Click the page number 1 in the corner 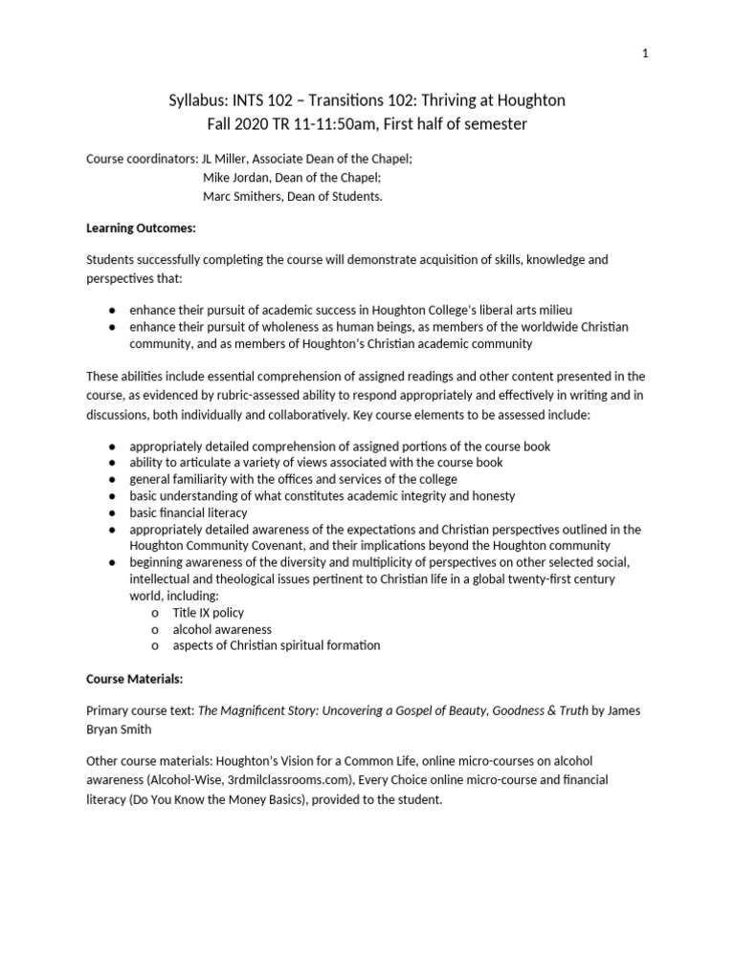coord(646,54)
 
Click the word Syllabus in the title coord(197,101)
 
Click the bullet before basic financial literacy coord(112,512)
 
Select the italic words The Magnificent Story coord(254,711)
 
